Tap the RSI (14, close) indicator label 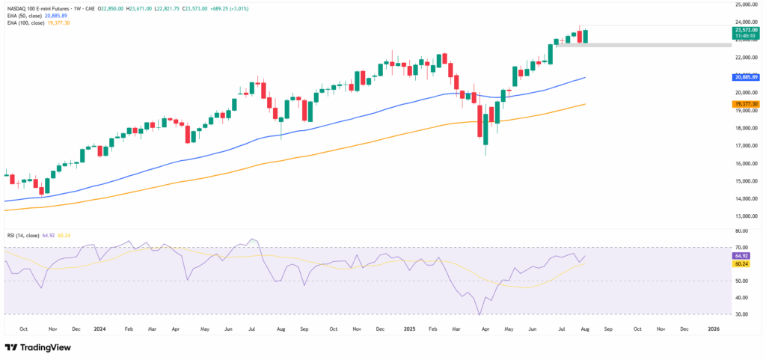click(27, 235)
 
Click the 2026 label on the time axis click(714, 329)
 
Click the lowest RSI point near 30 click(479, 314)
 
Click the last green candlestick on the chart click(586, 36)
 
